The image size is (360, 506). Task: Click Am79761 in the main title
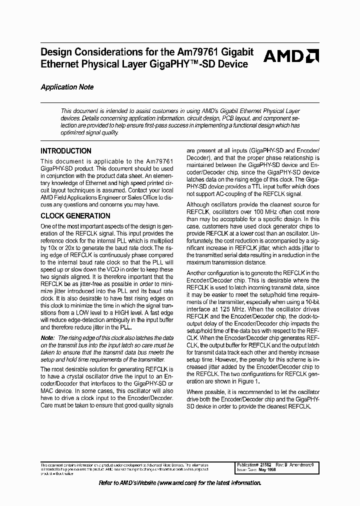pos(198,52)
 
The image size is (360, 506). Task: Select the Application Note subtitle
pos(67,87)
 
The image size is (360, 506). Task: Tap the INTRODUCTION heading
pos(66,151)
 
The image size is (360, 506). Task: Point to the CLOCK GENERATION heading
pos(75,216)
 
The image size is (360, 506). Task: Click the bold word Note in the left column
pos(48,338)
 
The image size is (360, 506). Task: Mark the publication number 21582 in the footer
pos(270,464)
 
